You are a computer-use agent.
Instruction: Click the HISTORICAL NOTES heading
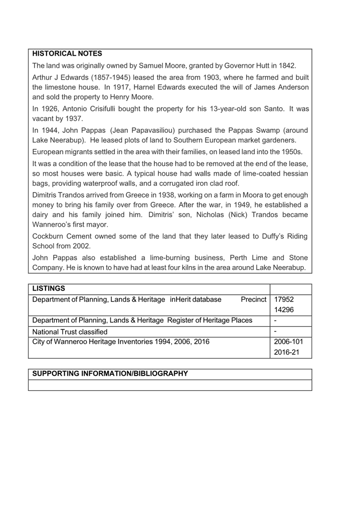click(x=67, y=53)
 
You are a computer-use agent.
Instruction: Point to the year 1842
click(x=286, y=66)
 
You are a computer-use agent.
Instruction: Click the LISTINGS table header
click(x=49, y=290)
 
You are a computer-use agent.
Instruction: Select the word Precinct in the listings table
click(x=254, y=299)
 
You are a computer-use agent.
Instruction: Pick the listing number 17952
click(x=284, y=299)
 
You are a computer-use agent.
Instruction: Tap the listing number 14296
click(x=284, y=310)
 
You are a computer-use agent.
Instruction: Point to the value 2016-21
click(x=286, y=352)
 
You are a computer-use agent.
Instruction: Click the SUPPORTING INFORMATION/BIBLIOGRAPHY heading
click(x=110, y=374)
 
